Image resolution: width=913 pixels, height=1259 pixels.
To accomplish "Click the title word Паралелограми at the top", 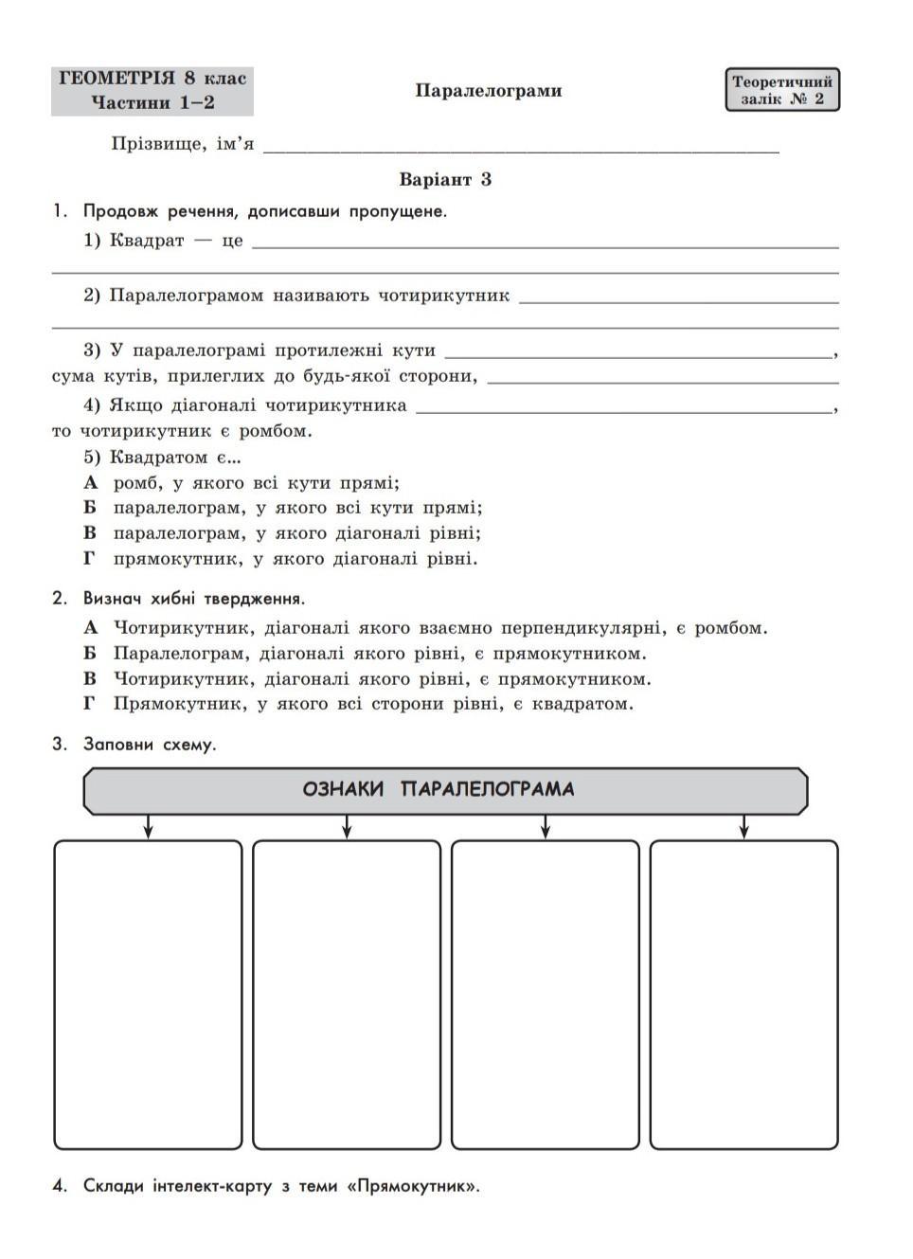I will (x=488, y=91).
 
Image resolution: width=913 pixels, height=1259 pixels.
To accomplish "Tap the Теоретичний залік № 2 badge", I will (x=781, y=90).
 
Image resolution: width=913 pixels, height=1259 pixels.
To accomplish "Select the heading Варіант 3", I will (x=445, y=179).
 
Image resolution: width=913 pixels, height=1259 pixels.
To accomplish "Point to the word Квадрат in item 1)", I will (x=147, y=241).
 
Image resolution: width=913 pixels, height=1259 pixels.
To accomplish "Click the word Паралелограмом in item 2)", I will (x=187, y=296).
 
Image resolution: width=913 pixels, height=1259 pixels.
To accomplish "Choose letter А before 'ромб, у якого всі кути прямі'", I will (x=91, y=482).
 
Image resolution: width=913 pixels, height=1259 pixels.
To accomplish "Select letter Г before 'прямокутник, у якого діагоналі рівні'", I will (x=90, y=558).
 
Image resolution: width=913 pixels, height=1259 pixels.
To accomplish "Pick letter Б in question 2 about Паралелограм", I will (x=90, y=653).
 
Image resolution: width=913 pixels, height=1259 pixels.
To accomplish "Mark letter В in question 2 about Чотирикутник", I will (x=90, y=678).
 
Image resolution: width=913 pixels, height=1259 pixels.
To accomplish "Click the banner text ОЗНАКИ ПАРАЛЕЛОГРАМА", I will (x=439, y=789).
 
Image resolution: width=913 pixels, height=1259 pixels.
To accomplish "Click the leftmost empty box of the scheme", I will (x=148, y=994).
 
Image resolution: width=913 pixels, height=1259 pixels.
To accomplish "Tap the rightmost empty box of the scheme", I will (x=743, y=994).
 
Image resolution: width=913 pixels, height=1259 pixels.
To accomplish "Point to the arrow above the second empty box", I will (x=347, y=826).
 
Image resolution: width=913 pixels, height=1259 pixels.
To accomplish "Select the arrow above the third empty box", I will (x=546, y=826).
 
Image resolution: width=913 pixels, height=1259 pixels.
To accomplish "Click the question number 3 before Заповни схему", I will (x=60, y=745).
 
